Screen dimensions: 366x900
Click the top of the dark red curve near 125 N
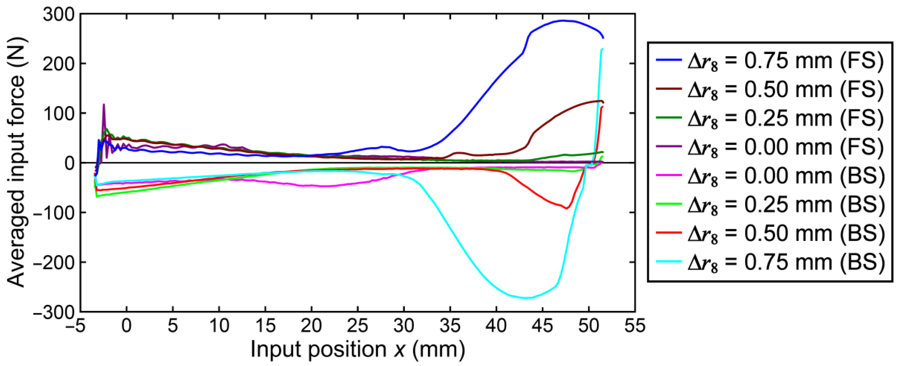[600, 101]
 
